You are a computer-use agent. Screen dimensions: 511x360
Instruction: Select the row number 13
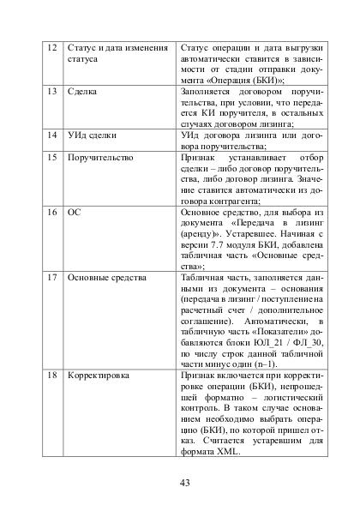click(51, 90)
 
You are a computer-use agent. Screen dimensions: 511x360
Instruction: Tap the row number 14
click(51, 135)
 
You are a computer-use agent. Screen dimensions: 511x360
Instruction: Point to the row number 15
click(51, 159)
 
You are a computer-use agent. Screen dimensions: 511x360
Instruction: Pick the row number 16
click(51, 210)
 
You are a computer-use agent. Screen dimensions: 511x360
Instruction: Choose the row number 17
click(51, 278)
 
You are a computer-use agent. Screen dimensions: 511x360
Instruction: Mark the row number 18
click(51, 376)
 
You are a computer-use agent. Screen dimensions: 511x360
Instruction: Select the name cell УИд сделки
click(92, 135)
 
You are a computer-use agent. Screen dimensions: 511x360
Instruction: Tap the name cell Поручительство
click(99, 159)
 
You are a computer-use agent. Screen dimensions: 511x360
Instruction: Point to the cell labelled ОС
click(74, 210)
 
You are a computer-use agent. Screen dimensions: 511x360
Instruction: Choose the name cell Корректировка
click(99, 376)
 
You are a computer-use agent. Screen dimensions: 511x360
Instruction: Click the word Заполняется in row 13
click(208, 90)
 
